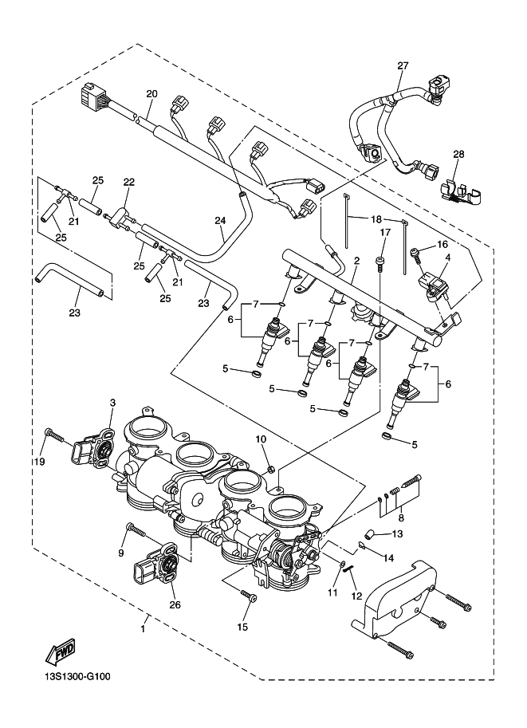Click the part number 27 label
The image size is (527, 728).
click(402, 65)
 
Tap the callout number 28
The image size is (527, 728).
click(458, 154)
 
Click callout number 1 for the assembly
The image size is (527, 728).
click(144, 628)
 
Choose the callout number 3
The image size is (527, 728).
click(112, 402)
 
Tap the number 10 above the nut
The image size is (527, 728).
click(260, 439)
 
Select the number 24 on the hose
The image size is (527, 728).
click(220, 221)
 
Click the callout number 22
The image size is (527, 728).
click(128, 182)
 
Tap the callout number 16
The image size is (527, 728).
click(442, 245)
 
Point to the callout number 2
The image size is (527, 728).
click(356, 260)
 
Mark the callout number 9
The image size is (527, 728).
click(122, 552)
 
